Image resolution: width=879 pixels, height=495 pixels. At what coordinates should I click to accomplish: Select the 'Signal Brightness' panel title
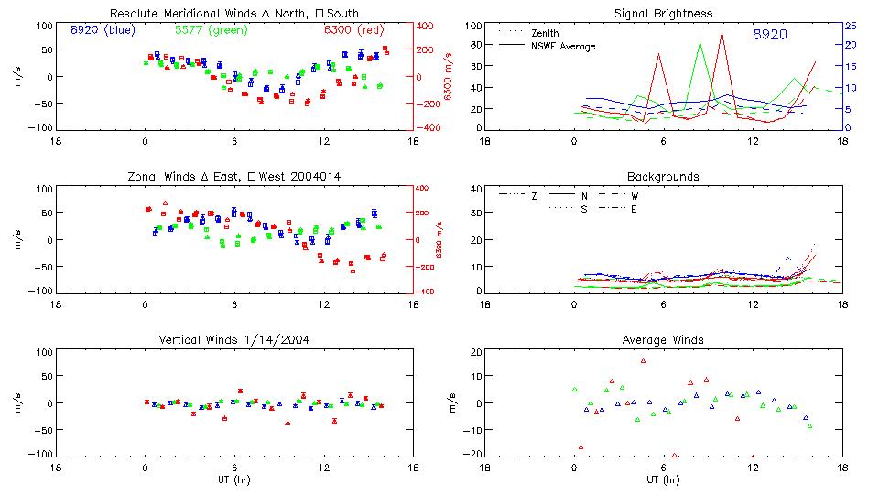(664, 14)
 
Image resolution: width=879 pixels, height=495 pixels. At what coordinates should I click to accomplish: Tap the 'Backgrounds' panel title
(664, 176)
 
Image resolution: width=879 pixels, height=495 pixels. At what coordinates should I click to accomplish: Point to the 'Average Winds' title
(664, 340)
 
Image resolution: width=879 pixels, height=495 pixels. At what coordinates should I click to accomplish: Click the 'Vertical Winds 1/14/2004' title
(234, 340)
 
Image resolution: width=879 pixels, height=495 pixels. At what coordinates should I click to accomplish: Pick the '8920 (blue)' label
(103, 30)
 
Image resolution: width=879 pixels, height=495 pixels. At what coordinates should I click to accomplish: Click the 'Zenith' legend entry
(546, 33)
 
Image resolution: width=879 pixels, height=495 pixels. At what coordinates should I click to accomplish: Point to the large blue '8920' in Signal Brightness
(770, 35)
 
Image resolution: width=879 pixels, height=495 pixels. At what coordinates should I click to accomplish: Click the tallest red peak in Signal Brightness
(722, 34)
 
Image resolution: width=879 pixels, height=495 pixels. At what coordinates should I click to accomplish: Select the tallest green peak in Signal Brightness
(700, 43)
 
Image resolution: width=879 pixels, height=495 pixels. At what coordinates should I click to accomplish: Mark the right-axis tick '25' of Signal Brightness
(850, 26)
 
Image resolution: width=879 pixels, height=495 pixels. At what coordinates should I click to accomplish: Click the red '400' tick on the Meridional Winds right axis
(427, 26)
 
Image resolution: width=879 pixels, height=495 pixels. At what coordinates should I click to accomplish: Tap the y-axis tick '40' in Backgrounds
(475, 190)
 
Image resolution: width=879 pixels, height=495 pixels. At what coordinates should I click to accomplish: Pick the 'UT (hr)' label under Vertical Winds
(234, 479)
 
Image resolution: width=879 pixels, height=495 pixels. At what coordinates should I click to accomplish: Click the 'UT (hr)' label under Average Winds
(664, 479)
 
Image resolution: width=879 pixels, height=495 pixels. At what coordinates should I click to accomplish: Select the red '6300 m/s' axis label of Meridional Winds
(450, 77)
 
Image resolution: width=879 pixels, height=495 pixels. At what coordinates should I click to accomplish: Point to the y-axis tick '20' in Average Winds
(475, 352)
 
